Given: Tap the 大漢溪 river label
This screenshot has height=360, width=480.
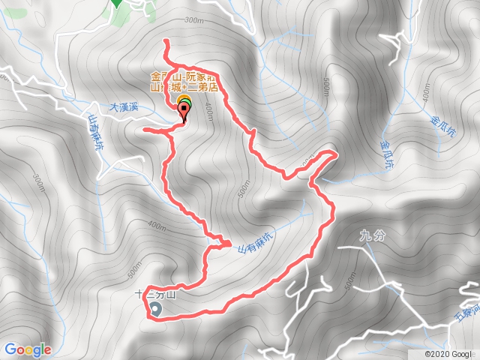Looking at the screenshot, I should (124, 107).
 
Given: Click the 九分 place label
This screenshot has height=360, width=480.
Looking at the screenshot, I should (371, 235).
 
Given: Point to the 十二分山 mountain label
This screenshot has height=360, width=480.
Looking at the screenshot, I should (154, 294).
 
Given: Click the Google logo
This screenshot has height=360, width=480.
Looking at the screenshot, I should (28, 349).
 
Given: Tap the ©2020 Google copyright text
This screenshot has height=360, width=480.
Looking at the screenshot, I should (448, 353).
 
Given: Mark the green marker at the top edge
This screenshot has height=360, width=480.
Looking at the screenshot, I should (116, 2).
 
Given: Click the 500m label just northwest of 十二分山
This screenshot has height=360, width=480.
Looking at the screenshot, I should (135, 266).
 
